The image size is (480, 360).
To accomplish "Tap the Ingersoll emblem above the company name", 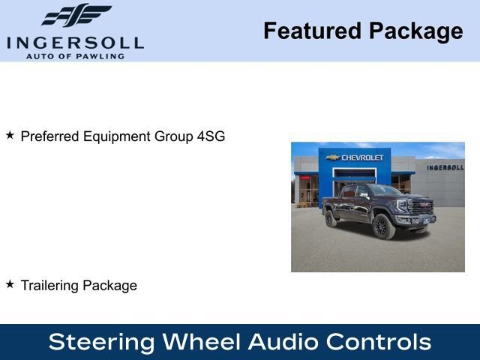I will pyautogui.click(x=76, y=16).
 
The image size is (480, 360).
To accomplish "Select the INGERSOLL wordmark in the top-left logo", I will pyautogui.click(x=75, y=43).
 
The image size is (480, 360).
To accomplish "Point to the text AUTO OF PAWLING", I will pyautogui.click(x=75, y=56).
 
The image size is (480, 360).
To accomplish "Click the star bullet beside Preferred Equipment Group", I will pyautogui.click(x=10, y=135).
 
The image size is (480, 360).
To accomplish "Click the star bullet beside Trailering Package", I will pyautogui.click(x=10, y=284).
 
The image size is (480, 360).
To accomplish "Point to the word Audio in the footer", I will pyautogui.click(x=283, y=342).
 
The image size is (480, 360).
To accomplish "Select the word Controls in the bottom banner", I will pyautogui.click(x=379, y=342).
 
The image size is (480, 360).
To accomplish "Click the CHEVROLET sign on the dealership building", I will pyautogui.click(x=362, y=157).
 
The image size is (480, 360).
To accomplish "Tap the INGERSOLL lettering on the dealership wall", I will pyautogui.click(x=445, y=167).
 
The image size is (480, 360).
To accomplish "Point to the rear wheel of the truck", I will pyautogui.click(x=331, y=219).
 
